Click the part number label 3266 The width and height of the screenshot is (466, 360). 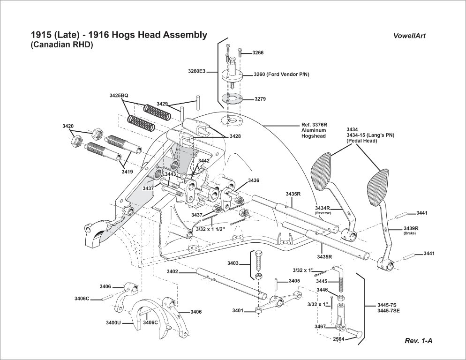point(258,53)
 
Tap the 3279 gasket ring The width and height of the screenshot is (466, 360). point(232,98)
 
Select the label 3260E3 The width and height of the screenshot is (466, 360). point(197,71)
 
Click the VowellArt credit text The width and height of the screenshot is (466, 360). point(409,36)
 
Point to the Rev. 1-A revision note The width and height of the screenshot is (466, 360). point(419,341)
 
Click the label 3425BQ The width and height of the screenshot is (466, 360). point(119,96)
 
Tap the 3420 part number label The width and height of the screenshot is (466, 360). point(68,126)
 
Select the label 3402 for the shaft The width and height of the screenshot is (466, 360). point(173,271)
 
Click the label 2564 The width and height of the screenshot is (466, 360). point(338,339)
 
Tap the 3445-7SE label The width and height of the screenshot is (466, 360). point(389,311)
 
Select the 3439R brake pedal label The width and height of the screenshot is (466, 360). point(411,228)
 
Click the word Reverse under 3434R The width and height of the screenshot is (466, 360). point(323,213)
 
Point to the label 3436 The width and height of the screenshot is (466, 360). point(254,180)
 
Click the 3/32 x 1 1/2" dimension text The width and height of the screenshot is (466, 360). point(210,229)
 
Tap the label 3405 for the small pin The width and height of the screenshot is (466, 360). point(294,281)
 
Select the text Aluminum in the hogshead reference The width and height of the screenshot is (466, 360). point(314,130)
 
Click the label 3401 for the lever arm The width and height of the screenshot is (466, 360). point(238,311)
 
